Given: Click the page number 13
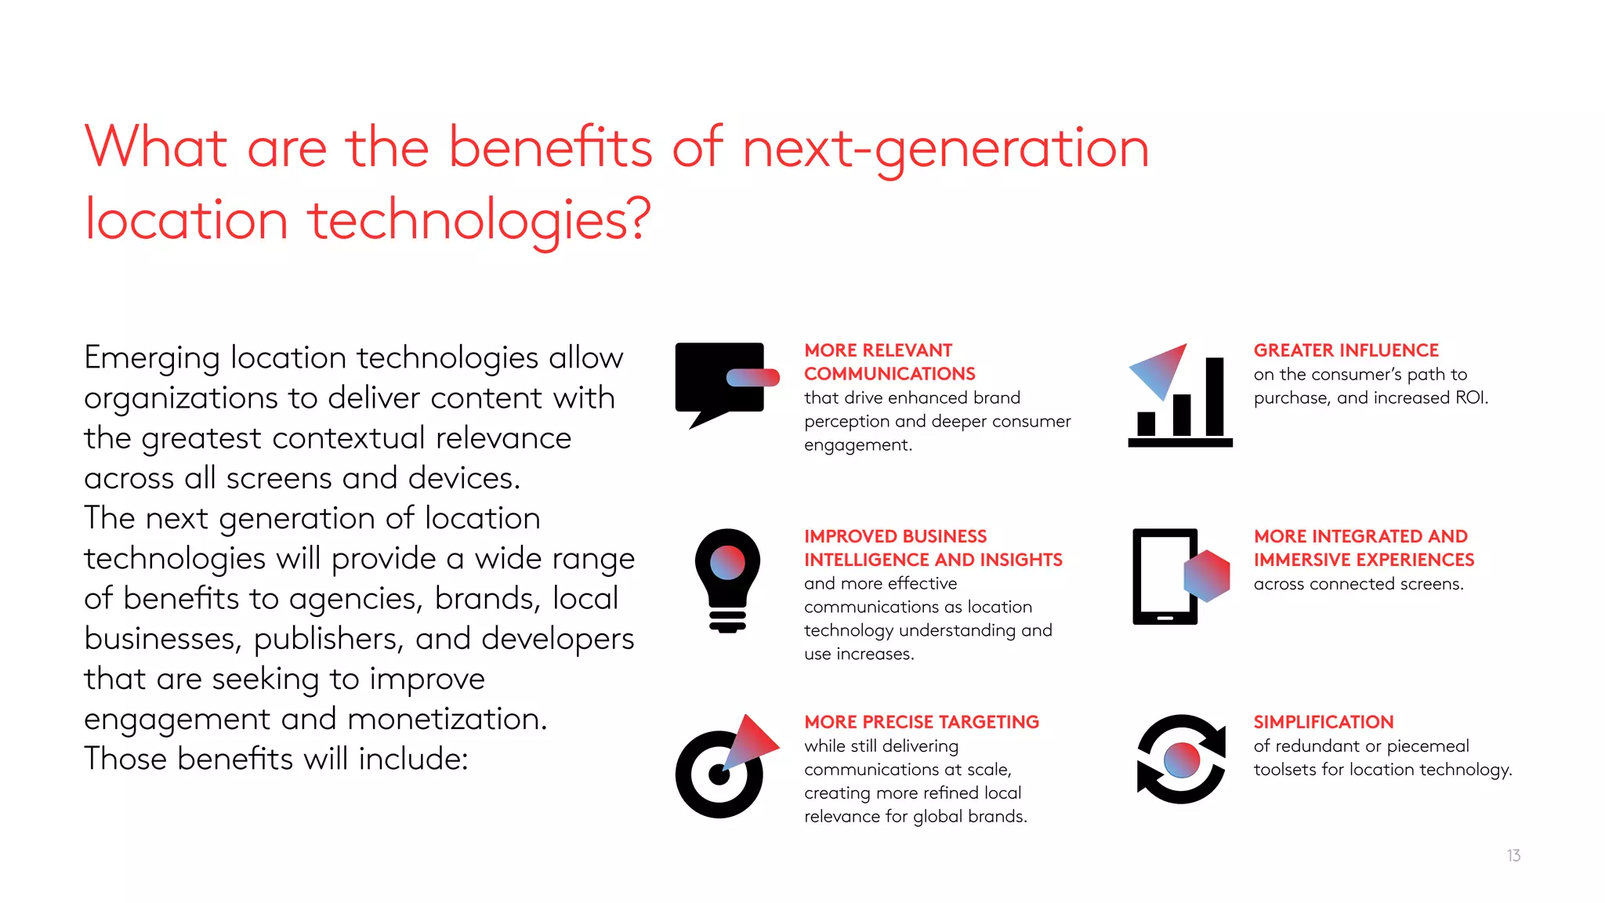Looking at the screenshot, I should (1513, 855).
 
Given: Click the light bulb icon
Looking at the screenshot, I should (727, 580).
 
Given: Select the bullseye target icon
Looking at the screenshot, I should (719, 773).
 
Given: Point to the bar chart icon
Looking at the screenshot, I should (1180, 400).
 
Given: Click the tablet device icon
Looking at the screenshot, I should (1165, 576).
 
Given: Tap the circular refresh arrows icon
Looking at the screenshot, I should (1181, 759).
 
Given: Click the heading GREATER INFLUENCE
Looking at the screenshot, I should (1346, 350).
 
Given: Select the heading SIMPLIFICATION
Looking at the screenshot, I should (1323, 722).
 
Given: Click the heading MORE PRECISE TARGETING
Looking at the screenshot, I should (921, 722).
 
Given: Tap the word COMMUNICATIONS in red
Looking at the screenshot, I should (889, 374).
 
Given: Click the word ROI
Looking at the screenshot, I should (1470, 397).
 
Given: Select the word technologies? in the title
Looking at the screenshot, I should (479, 220).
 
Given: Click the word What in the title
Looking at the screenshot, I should (156, 147).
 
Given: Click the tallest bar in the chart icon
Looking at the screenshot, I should (1215, 397).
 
